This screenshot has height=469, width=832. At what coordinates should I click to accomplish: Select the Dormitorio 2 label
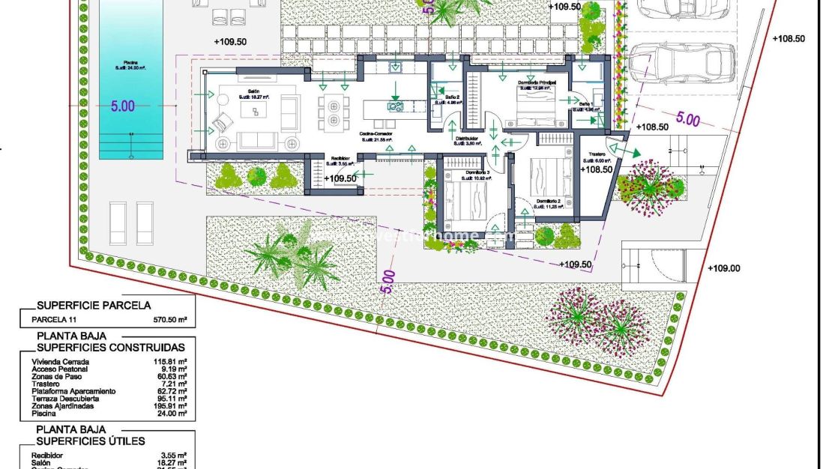pos(553,202)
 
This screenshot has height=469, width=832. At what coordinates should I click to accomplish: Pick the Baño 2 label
pos(452,97)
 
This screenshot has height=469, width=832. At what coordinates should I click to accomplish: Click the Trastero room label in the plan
pos(597,155)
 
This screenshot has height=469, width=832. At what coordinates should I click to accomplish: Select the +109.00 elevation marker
pos(724,269)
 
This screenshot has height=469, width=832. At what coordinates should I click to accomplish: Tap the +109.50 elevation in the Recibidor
pos(342,178)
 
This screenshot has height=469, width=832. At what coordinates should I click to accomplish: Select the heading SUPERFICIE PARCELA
pos(94,305)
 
